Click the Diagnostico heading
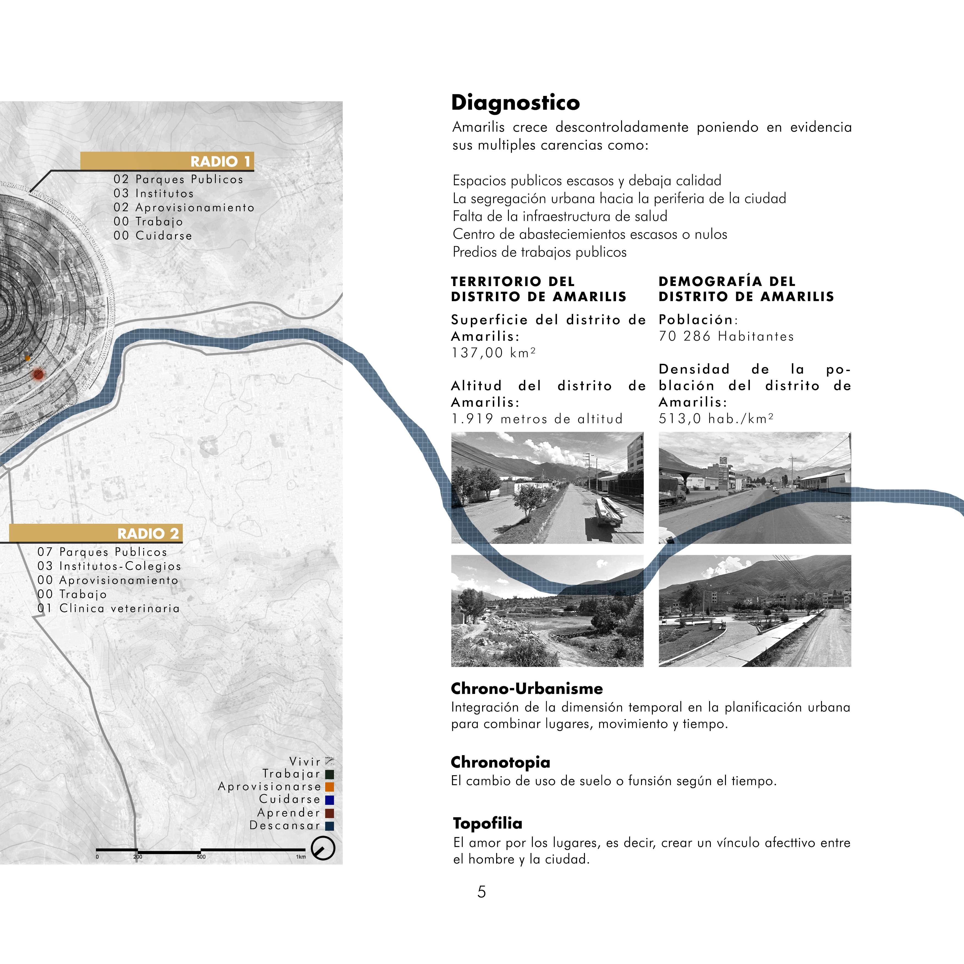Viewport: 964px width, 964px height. click(x=515, y=103)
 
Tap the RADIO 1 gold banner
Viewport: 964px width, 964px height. click(x=167, y=161)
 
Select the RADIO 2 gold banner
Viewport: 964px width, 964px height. click(x=96, y=533)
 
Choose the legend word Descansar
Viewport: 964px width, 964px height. click(x=284, y=825)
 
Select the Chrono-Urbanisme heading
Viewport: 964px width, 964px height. click(x=527, y=689)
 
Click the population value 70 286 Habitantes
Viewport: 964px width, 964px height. click(x=726, y=336)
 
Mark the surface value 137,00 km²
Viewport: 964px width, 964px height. click(x=493, y=353)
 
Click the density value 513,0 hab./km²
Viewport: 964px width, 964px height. click(x=716, y=418)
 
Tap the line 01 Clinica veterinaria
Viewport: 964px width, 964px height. click(x=108, y=608)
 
